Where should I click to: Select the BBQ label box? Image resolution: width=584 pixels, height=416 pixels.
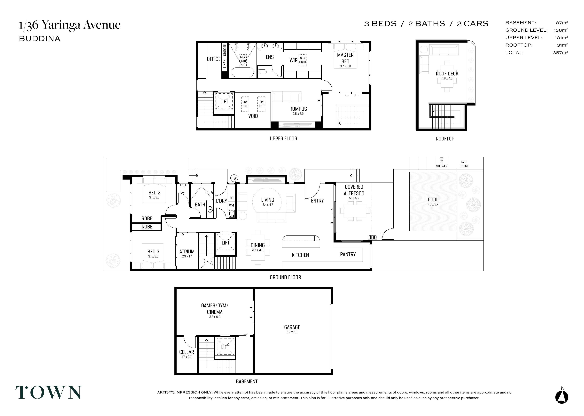[372, 237]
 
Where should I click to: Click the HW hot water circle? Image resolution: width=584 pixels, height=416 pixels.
[234, 178]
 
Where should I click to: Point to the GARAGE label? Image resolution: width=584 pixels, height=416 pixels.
[292, 327]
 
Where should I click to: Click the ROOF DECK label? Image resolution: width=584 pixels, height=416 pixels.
[447, 74]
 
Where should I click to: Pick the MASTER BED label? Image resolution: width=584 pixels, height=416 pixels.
[345, 58]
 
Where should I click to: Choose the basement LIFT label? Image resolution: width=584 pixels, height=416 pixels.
[225, 347]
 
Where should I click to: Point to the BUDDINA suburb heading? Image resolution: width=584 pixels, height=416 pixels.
[40, 39]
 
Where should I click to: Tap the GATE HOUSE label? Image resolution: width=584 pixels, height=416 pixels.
[464, 164]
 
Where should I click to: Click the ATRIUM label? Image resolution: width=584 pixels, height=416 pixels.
[187, 252]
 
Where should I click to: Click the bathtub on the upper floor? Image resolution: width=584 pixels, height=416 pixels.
[243, 72]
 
